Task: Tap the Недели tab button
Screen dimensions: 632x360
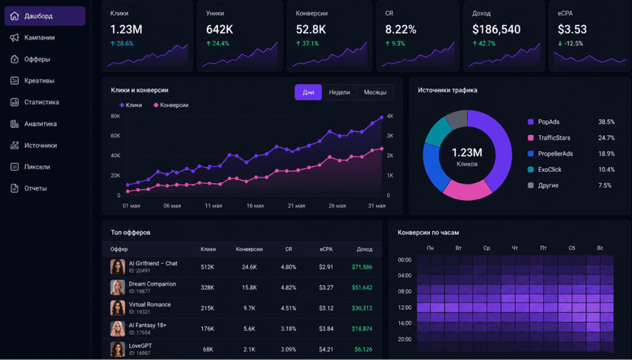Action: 339,92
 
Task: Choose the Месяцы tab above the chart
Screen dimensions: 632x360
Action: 375,92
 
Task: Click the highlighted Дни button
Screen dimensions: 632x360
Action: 308,92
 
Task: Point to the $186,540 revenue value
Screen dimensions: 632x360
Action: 496,30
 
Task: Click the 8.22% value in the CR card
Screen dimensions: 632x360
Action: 401,30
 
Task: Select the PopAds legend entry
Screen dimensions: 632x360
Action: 549,121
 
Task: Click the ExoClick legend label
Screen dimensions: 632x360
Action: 550,169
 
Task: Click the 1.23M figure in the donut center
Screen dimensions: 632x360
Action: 467,153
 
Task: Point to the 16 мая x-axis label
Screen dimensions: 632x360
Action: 255,206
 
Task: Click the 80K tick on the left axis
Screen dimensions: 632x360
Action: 115,116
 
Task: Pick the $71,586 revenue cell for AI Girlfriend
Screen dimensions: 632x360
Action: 362,267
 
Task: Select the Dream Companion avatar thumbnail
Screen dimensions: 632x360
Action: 118,288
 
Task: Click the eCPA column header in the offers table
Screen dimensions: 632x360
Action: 326,249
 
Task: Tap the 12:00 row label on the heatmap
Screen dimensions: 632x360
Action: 405,307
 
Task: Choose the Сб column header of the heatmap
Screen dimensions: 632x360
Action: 572,248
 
